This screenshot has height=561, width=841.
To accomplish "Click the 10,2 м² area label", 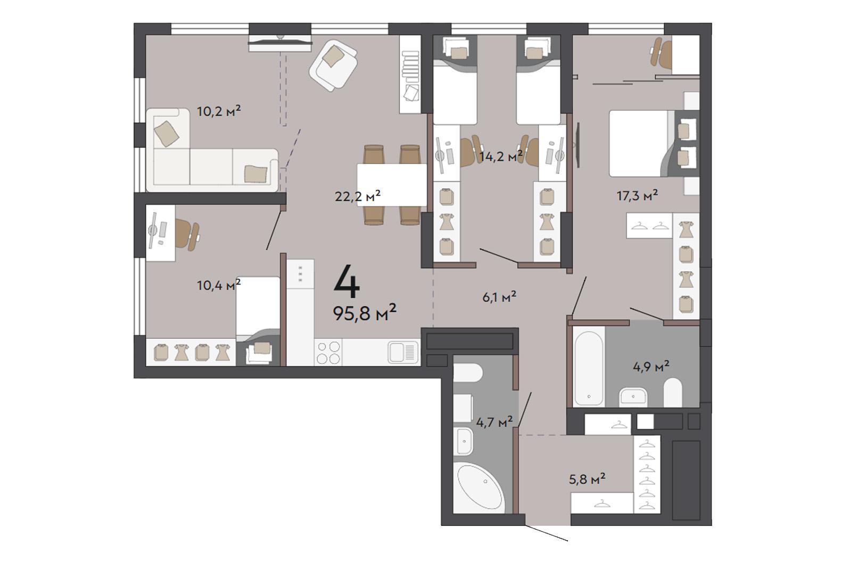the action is pos(219,111).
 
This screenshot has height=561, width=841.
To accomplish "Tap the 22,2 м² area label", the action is pos(358,196).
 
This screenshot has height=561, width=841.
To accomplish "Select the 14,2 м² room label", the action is pos(501,156).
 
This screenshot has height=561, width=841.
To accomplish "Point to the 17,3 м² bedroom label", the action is pos(637,196).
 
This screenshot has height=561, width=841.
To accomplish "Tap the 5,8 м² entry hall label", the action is pos(587,479).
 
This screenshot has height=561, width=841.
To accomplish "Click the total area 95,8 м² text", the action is pos(365,313).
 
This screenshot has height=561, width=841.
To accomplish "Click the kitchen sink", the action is pos(403,352).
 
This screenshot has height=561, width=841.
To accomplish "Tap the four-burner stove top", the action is pos(328,353).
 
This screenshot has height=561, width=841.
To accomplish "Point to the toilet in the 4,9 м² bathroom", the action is pos(673,392).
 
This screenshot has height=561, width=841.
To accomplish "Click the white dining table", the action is pos(392,185).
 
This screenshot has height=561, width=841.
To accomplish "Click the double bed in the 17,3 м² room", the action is pos(653,143).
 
